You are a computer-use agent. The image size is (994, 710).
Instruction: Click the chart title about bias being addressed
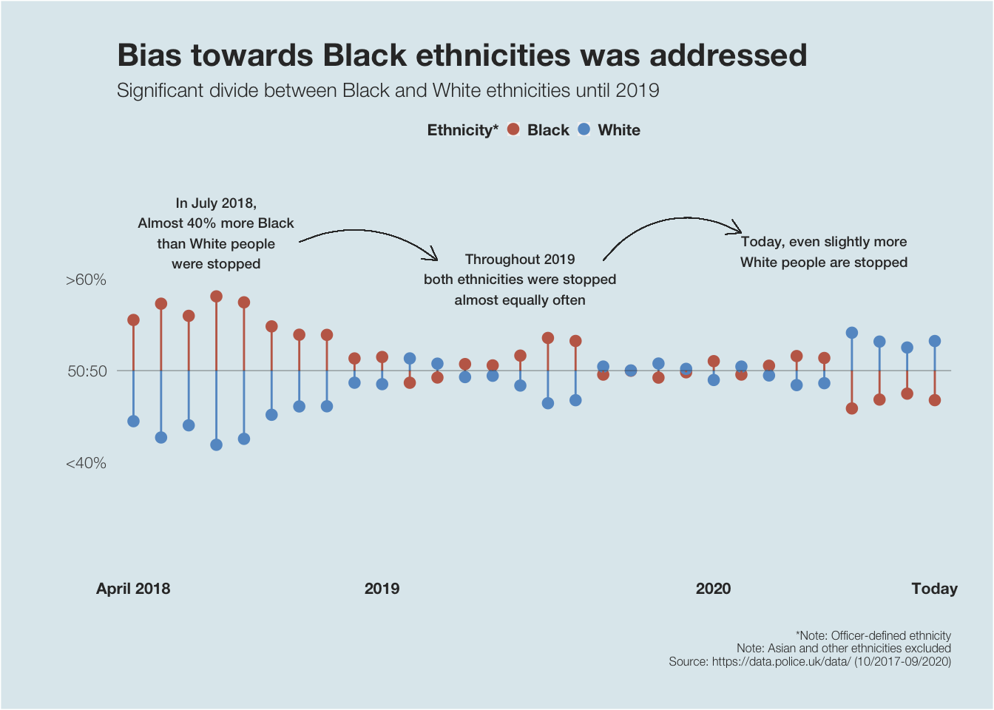point(461,55)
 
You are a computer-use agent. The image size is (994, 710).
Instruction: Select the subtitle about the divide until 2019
point(388,91)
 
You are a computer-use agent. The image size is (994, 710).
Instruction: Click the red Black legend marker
point(513,129)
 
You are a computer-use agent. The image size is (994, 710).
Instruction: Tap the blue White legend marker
point(584,129)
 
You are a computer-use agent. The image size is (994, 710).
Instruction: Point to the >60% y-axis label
point(86,280)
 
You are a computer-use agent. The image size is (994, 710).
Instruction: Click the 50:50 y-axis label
point(87,371)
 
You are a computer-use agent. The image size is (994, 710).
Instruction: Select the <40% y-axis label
point(86,463)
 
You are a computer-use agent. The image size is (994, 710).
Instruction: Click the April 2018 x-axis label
point(133,589)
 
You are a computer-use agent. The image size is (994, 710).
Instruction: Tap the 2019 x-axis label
point(382,589)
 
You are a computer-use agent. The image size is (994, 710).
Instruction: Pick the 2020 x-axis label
point(713,589)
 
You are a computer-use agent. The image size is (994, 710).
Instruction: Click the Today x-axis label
point(934,589)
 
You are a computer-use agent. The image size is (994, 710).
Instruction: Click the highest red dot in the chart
point(216,297)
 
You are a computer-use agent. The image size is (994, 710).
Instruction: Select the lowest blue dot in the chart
point(216,444)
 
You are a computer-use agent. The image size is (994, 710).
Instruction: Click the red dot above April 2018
point(133,320)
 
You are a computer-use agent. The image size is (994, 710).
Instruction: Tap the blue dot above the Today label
point(934,341)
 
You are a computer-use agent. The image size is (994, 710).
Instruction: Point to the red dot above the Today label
point(934,400)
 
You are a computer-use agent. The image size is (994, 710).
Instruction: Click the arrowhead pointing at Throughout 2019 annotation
point(436,258)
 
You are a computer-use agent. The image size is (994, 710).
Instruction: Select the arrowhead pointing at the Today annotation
point(738,228)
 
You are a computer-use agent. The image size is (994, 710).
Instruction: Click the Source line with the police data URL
point(809,661)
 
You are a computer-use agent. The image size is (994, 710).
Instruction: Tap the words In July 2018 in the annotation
point(216,203)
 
